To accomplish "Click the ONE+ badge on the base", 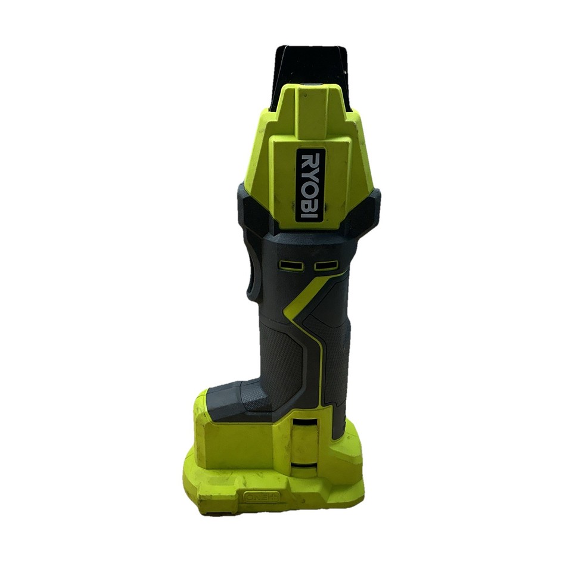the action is click(262, 497).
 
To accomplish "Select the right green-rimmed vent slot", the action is click(327, 266).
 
